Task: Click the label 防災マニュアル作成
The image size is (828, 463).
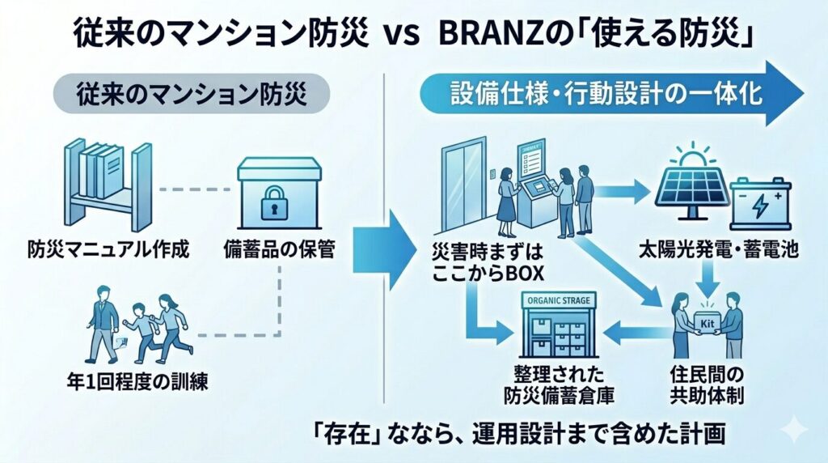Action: point(108,249)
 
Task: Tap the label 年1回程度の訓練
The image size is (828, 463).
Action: point(133,380)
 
